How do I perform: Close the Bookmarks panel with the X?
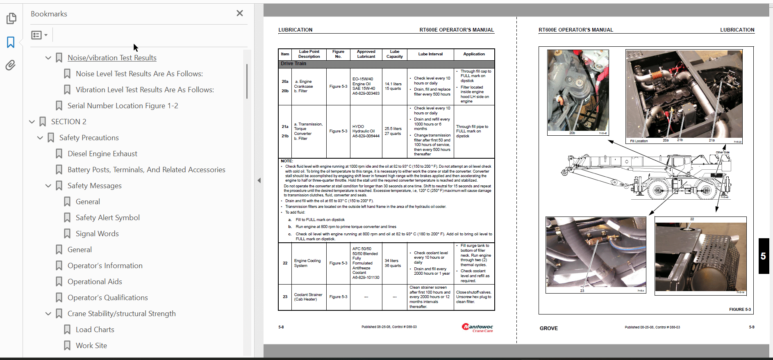[x=240, y=14]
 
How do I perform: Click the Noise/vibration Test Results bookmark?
[x=112, y=58]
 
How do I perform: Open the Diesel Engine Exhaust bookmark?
[x=102, y=154]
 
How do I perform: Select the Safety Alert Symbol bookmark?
[x=107, y=218]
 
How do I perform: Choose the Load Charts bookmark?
[x=95, y=330]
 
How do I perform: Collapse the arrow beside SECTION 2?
[x=32, y=122]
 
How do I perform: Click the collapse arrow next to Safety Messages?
[x=48, y=186]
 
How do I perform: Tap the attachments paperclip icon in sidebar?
[x=11, y=65]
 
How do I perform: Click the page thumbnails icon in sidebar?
[x=11, y=18]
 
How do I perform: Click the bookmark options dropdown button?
[x=39, y=35]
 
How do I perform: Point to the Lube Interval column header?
[x=430, y=54]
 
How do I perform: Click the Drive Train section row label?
[x=293, y=64]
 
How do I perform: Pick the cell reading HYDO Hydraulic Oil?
[x=366, y=131]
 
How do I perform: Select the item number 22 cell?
[x=285, y=263]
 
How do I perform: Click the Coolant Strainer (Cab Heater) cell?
[x=308, y=297]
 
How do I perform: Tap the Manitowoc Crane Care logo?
[x=477, y=328]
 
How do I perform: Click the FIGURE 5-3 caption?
[x=740, y=310]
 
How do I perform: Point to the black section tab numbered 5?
[x=763, y=256]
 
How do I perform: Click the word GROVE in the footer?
[x=548, y=328]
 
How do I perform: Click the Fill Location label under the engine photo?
[x=639, y=141]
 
